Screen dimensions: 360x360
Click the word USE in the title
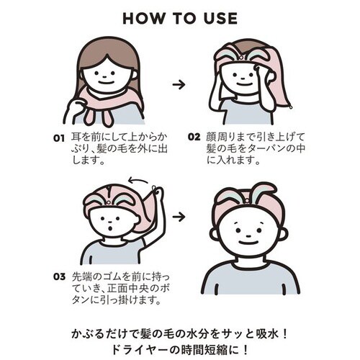pos(217,18)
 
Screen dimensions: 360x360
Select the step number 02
pos(193,135)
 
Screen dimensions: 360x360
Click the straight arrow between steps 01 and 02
pos(179,84)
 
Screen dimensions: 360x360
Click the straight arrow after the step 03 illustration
pos(179,215)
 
